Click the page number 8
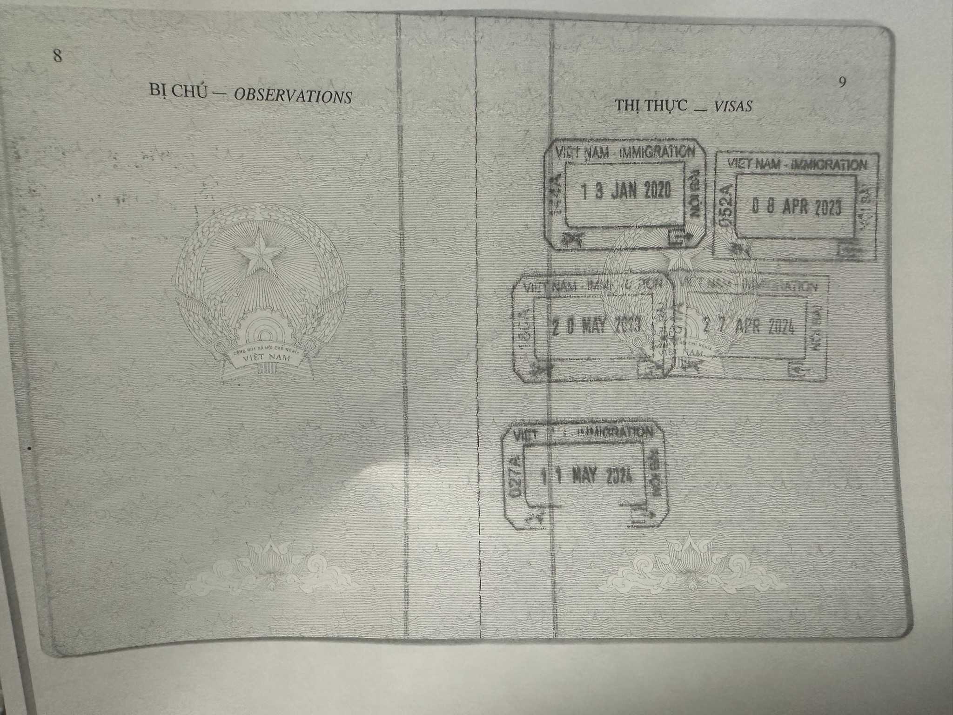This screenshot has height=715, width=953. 57,56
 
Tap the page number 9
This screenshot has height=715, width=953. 842,82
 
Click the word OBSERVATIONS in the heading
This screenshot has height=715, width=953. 292,96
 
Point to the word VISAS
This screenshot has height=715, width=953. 733,107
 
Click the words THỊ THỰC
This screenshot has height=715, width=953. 651,105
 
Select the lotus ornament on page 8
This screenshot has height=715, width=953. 270,567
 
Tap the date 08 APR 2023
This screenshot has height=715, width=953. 797,207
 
